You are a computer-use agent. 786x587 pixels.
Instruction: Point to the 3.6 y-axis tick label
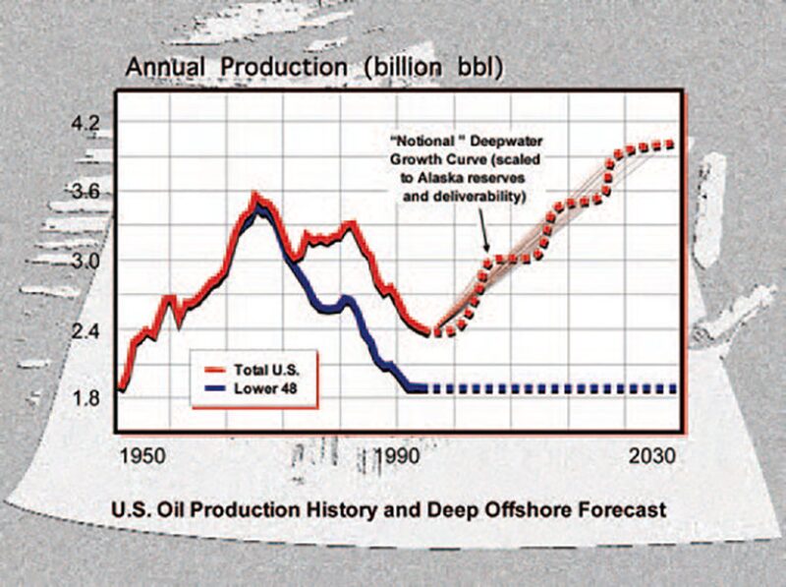point(86,193)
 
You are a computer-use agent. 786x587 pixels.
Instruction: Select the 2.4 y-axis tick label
point(86,331)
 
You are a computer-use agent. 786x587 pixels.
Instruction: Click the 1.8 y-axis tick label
point(86,399)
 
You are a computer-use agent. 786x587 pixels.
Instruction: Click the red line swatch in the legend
point(210,371)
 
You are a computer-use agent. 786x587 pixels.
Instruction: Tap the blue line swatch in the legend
point(210,387)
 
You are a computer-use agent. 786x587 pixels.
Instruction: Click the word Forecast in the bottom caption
point(626,510)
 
